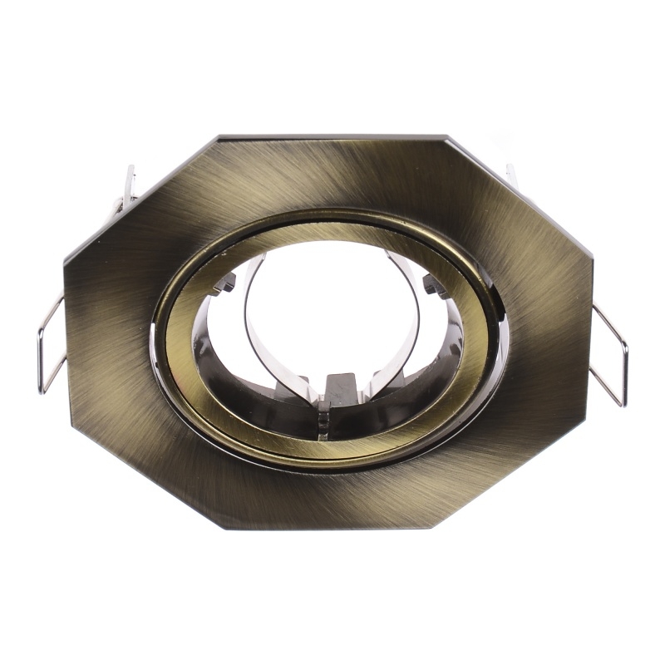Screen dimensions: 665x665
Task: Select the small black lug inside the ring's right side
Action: click(x=433, y=287)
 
